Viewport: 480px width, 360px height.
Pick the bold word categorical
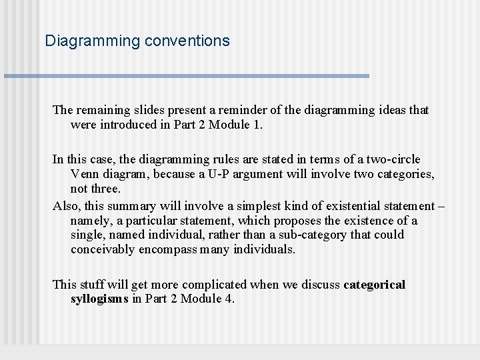coord(374,285)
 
